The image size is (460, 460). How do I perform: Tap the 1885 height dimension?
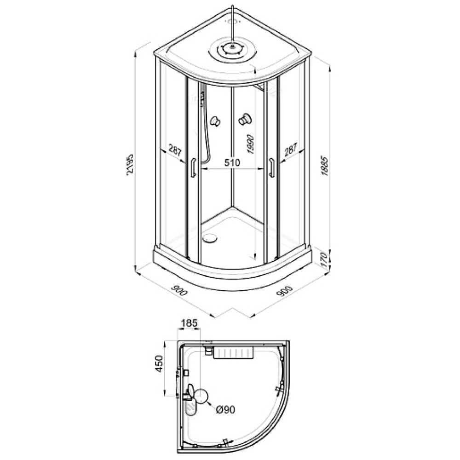point(325,166)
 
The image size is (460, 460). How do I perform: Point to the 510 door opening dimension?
point(232,162)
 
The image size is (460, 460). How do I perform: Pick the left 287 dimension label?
point(175,150)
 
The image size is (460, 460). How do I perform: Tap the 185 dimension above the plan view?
point(189,323)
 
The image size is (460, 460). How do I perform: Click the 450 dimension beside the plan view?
point(159,364)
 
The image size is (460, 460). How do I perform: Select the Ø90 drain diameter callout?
point(225,409)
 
